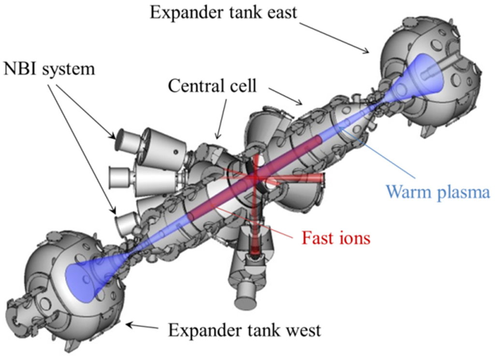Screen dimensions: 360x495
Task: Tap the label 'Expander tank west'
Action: [x=244, y=331]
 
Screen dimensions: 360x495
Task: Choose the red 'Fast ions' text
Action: [x=336, y=237]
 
